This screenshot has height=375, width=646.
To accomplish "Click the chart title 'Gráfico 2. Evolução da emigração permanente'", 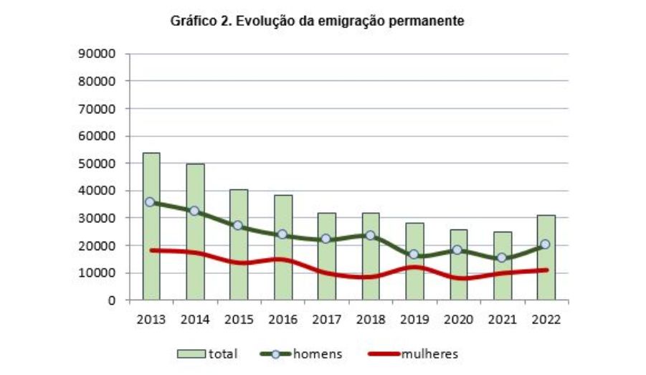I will pos(317,22).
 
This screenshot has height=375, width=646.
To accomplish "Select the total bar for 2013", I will pos(151,272).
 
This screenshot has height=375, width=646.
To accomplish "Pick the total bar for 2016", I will pos(283,280).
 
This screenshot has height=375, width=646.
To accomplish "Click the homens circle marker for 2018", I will pos(370,235).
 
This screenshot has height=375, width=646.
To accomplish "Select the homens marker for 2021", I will pos(502,257).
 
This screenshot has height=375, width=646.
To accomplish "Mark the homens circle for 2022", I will pos(546,245).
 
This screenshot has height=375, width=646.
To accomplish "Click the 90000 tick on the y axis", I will pos(98,54).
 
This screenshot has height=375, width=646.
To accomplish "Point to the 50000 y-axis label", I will pos(98,163).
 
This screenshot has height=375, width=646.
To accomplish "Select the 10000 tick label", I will pos(98,273).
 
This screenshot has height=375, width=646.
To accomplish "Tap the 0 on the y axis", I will pos(112,300).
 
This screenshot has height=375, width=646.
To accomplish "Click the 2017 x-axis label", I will pos(326,320).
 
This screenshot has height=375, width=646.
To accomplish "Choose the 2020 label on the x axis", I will pos(458,320).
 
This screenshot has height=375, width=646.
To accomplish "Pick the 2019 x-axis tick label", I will pos(414,320).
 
